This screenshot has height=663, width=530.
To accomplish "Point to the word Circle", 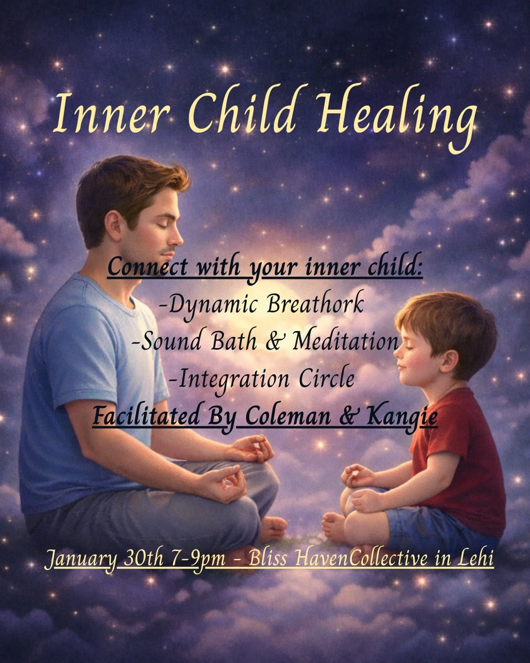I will [x=327, y=379].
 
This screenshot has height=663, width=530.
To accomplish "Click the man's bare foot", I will [x=273, y=529].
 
